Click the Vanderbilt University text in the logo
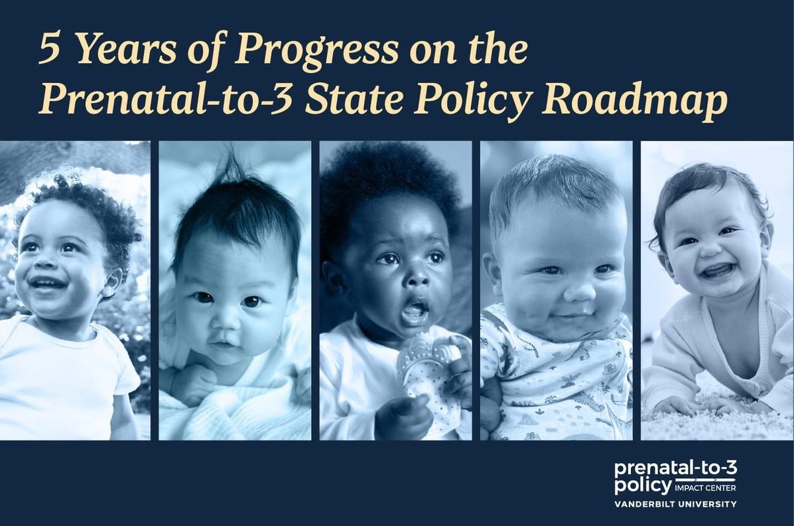click(675, 504)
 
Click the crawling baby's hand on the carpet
click(677, 405)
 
